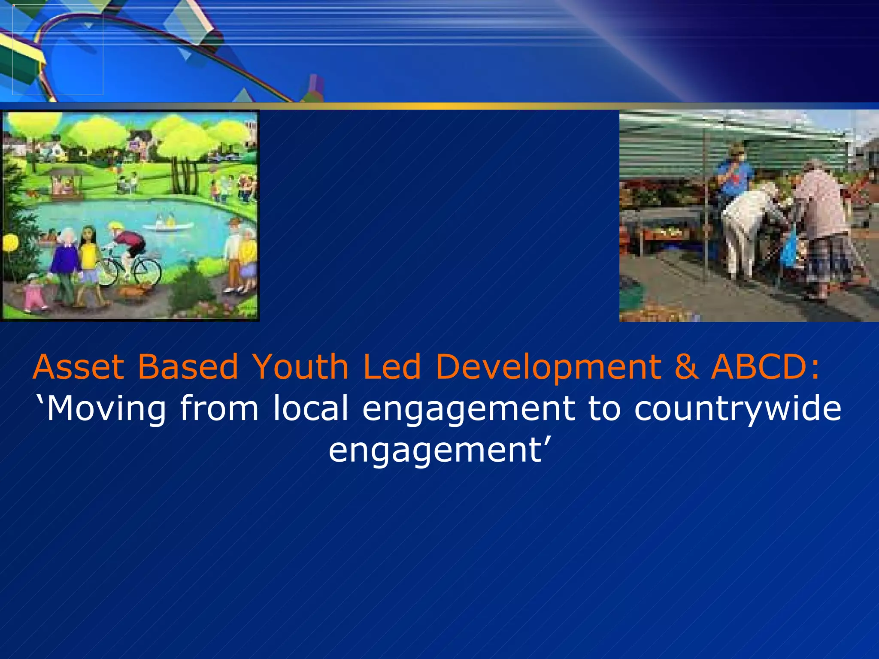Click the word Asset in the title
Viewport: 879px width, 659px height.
pos(79,367)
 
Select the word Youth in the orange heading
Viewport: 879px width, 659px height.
pos(300,367)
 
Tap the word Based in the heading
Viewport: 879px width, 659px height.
pos(188,367)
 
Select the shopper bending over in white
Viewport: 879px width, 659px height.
pos(747,227)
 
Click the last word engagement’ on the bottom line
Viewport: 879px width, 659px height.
pos(439,451)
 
